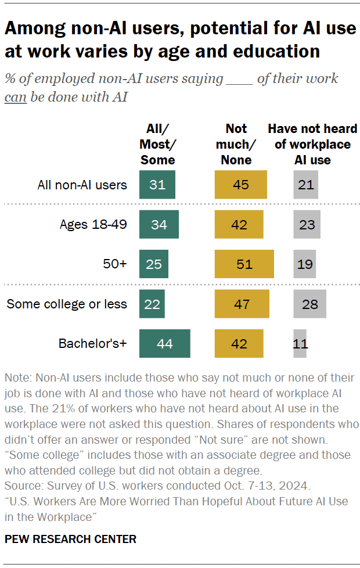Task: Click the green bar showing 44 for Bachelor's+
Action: point(165,343)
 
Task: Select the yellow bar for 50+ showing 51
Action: point(244,264)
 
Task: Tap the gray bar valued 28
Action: point(309,304)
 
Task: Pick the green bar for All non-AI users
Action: point(157,185)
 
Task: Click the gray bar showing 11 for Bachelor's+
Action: point(300,343)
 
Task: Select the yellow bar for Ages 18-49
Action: point(239,224)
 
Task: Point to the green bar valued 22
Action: point(152,304)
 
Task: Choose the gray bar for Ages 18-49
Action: point(307,224)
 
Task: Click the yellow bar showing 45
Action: point(240,185)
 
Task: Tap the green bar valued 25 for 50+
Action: point(154,264)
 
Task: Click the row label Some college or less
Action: point(67,304)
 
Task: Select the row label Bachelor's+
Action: point(93,343)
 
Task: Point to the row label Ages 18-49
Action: point(93,224)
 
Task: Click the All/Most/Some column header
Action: point(157,144)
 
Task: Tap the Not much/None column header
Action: point(236,144)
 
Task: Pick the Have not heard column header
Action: point(312,144)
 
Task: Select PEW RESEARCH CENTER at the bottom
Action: point(70,539)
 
